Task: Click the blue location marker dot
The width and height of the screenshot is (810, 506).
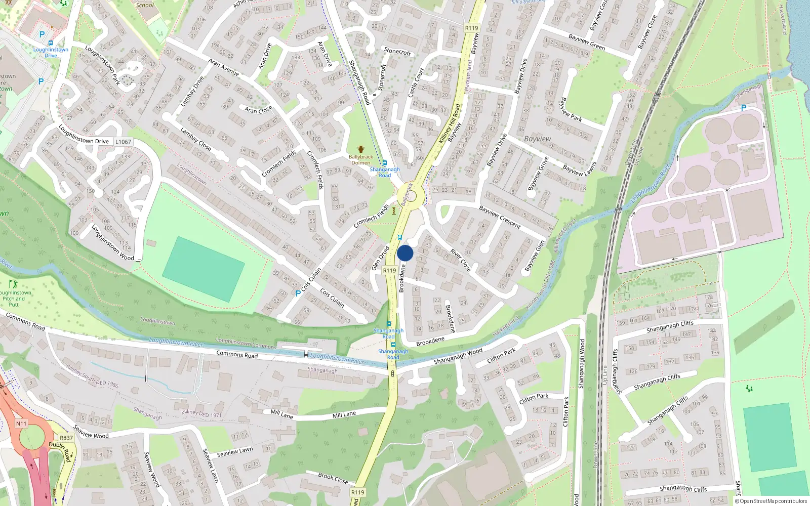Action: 405,253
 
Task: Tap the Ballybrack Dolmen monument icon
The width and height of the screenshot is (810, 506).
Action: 360,149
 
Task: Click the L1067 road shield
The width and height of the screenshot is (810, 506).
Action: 123,142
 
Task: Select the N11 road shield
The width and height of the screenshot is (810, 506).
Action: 21,424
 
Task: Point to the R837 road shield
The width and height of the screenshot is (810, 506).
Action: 66,438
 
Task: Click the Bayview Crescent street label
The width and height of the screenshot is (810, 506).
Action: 500,217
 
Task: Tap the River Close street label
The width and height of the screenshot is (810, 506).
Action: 461,260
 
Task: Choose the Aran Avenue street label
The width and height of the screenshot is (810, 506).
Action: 223,67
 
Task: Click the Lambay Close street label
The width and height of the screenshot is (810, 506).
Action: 195,138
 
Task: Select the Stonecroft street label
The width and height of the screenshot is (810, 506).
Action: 397,51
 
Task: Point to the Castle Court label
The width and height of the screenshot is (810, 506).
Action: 416,83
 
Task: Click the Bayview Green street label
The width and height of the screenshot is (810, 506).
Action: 587,42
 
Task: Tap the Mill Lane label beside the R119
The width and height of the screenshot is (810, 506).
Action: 344,414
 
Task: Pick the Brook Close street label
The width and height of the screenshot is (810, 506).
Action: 333,478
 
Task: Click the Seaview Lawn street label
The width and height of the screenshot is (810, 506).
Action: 235,452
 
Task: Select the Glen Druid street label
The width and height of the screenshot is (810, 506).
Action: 380,258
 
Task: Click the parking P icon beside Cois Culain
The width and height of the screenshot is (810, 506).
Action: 298,293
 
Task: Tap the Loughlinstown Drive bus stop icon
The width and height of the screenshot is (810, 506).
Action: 50,43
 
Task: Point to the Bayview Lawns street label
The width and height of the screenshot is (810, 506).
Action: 579,171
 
